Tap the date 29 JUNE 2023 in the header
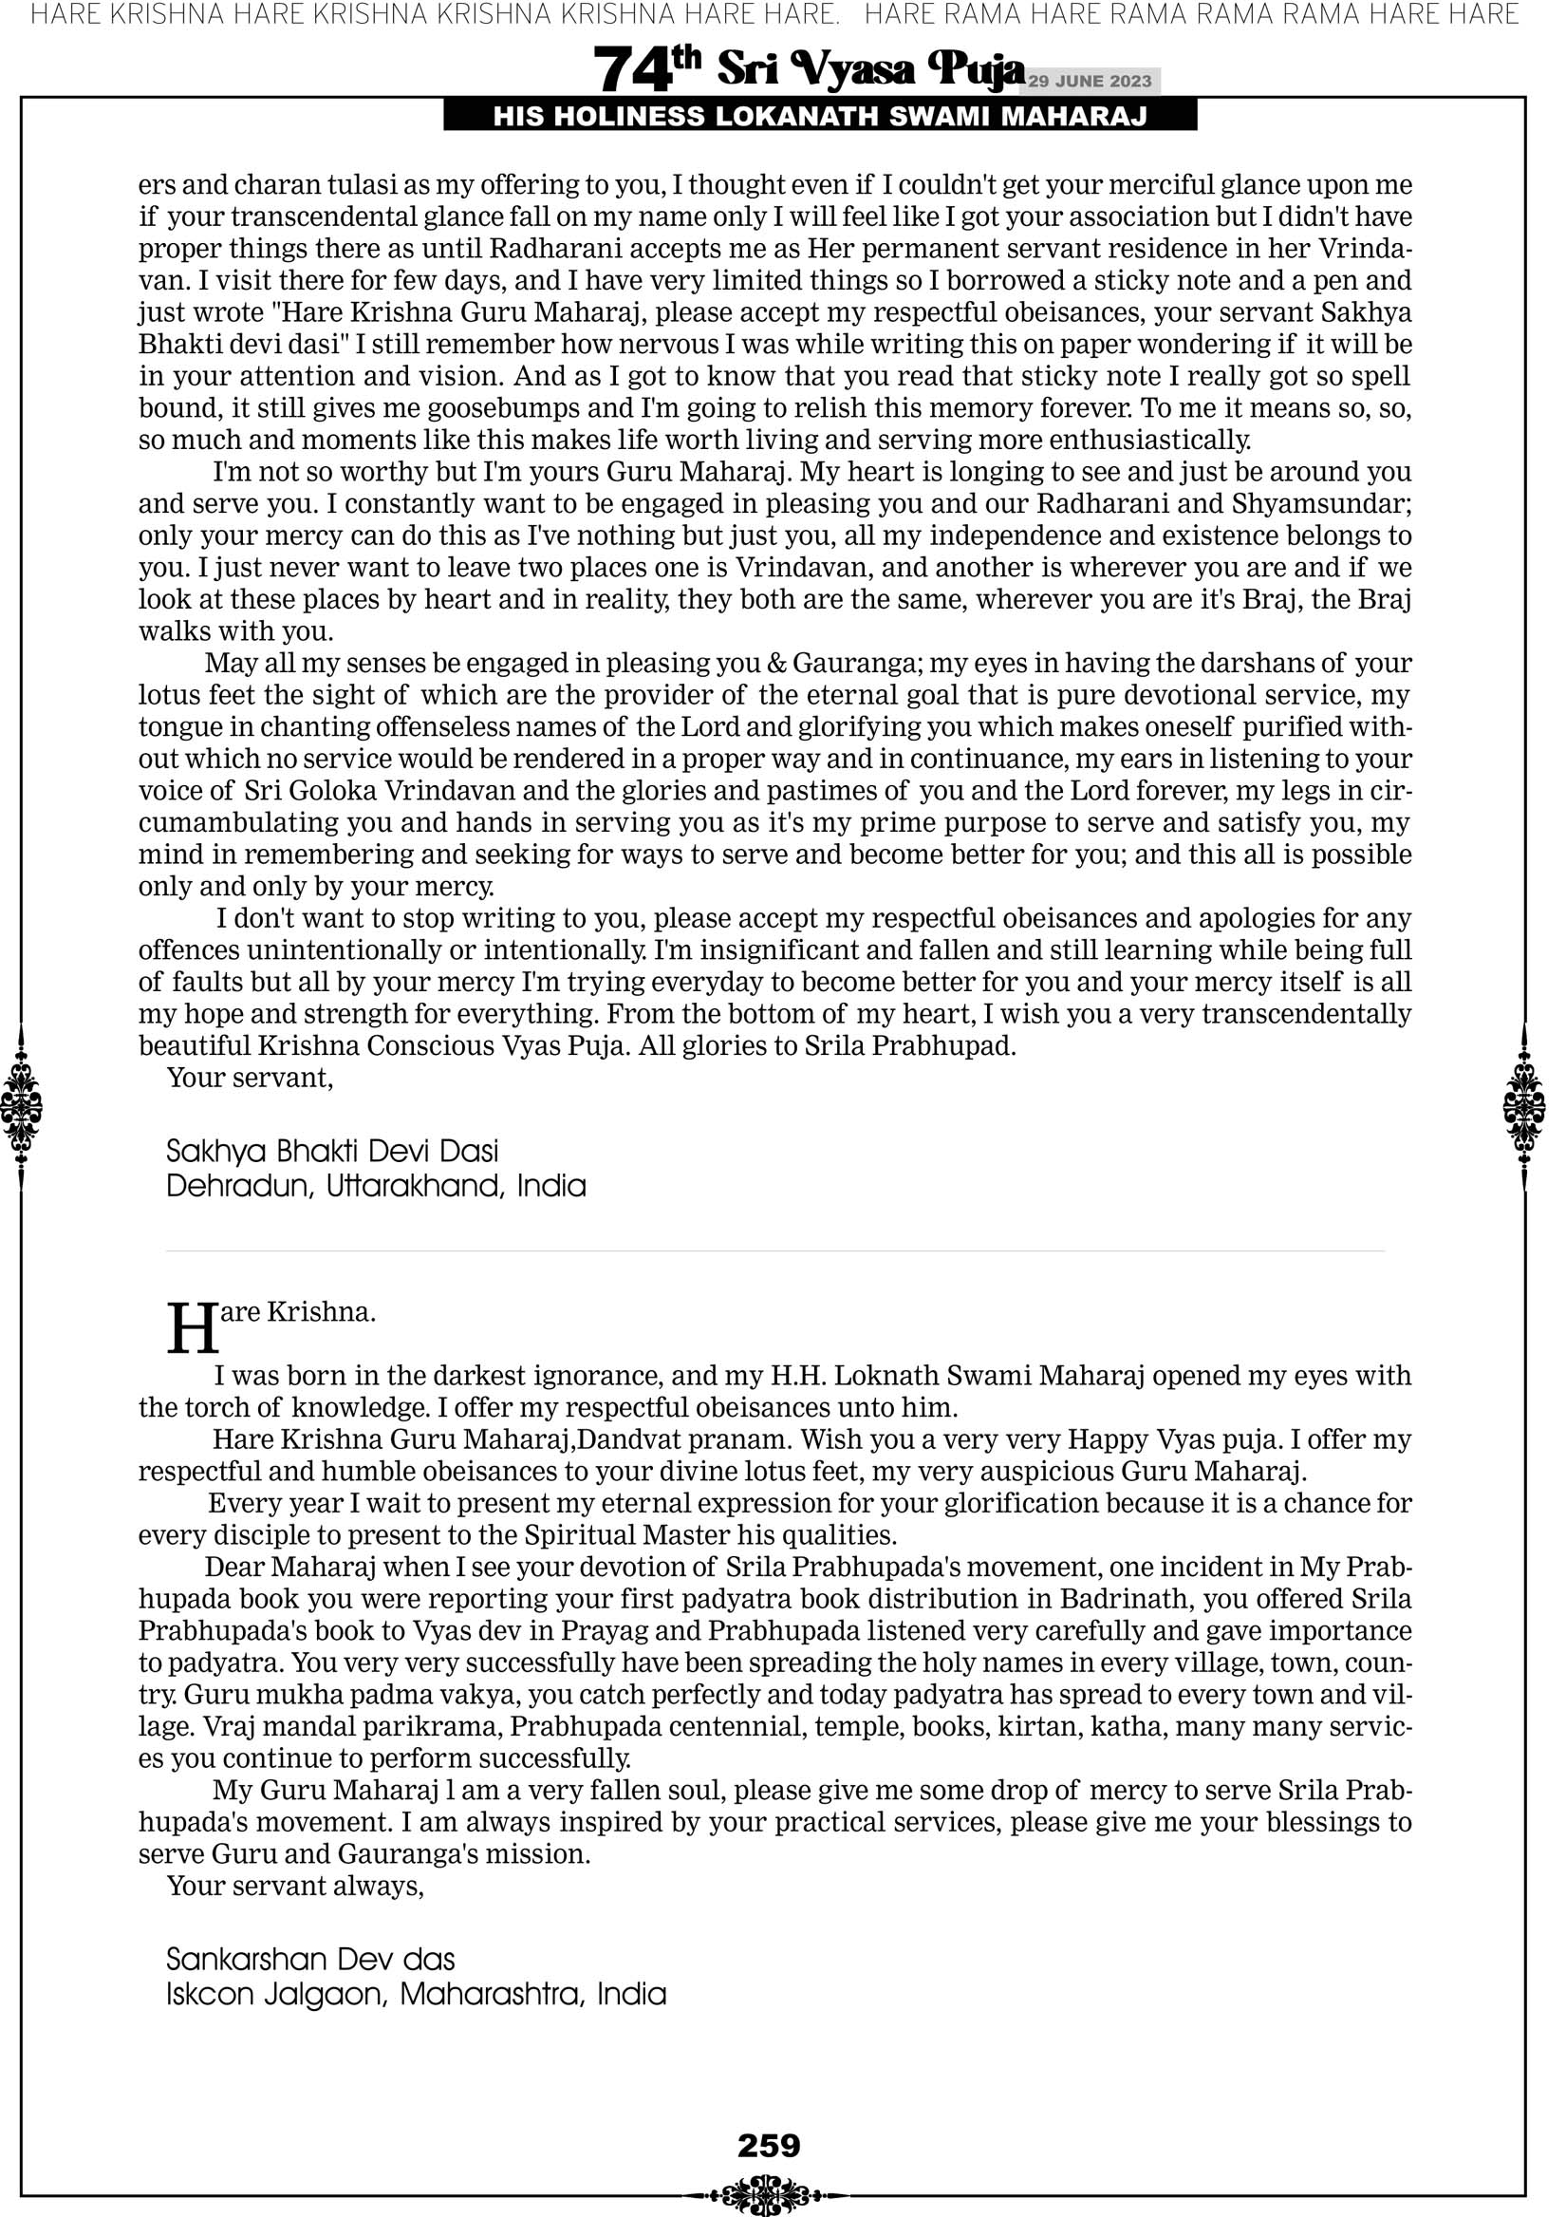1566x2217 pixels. (x=1090, y=81)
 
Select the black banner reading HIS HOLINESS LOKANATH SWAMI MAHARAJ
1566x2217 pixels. (x=820, y=117)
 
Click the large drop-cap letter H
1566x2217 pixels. (x=193, y=1330)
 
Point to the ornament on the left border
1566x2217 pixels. (x=21, y=1106)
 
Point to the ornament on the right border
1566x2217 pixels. (x=1524, y=1106)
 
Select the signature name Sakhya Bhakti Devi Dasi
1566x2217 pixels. (x=332, y=1151)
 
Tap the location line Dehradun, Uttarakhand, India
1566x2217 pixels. (x=376, y=1186)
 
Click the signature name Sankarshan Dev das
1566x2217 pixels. (x=310, y=1959)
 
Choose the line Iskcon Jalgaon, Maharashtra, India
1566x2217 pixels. (x=416, y=1994)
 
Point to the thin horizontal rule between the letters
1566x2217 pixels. (x=775, y=1251)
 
